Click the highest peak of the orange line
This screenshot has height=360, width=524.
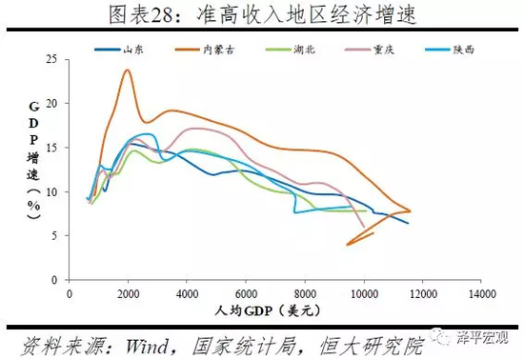127,70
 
